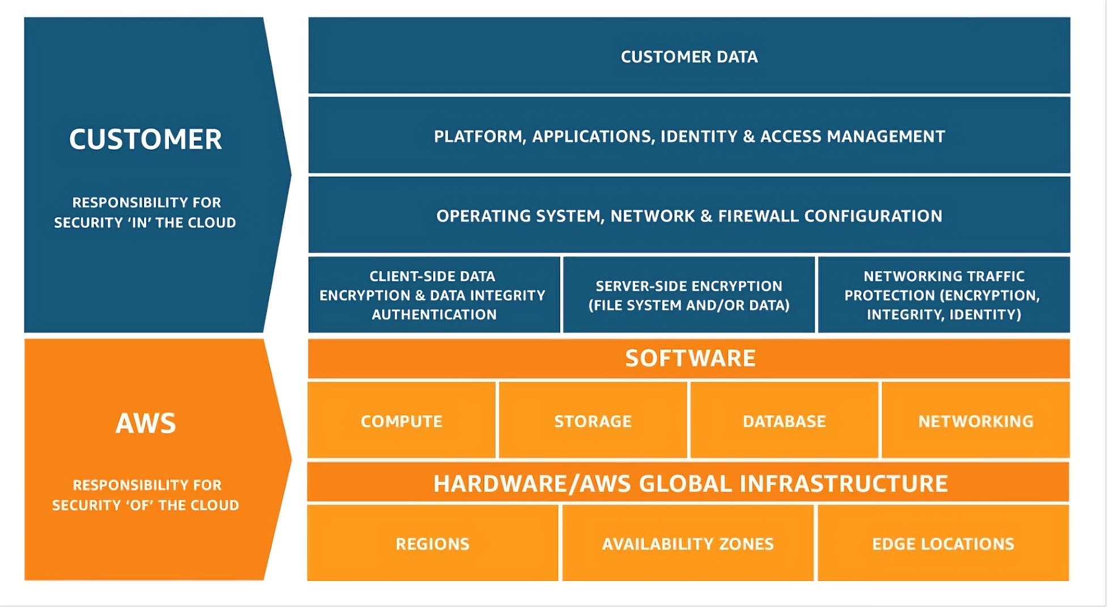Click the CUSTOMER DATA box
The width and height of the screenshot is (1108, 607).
[x=689, y=56]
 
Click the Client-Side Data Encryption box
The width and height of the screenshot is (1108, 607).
[x=434, y=295]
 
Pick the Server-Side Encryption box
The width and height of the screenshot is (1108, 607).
[x=689, y=295]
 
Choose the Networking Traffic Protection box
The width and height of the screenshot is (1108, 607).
[x=944, y=295]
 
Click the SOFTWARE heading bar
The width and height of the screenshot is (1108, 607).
[x=690, y=359]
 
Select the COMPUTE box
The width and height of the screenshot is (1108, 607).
[x=401, y=421]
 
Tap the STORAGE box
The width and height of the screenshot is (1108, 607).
[x=593, y=421]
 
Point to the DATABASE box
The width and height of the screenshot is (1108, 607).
[x=784, y=421]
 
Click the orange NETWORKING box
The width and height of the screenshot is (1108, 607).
[x=975, y=421]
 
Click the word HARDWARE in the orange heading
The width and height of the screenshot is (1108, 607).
[x=499, y=484]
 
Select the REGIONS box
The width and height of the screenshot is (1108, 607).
[x=433, y=544]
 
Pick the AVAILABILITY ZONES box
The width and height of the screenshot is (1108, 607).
[x=688, y=544]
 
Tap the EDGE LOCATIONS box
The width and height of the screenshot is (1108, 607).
[x=943, y=544]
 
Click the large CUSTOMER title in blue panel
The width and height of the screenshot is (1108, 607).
[x=145, y=140]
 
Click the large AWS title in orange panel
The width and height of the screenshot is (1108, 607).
[x=146, y=423]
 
